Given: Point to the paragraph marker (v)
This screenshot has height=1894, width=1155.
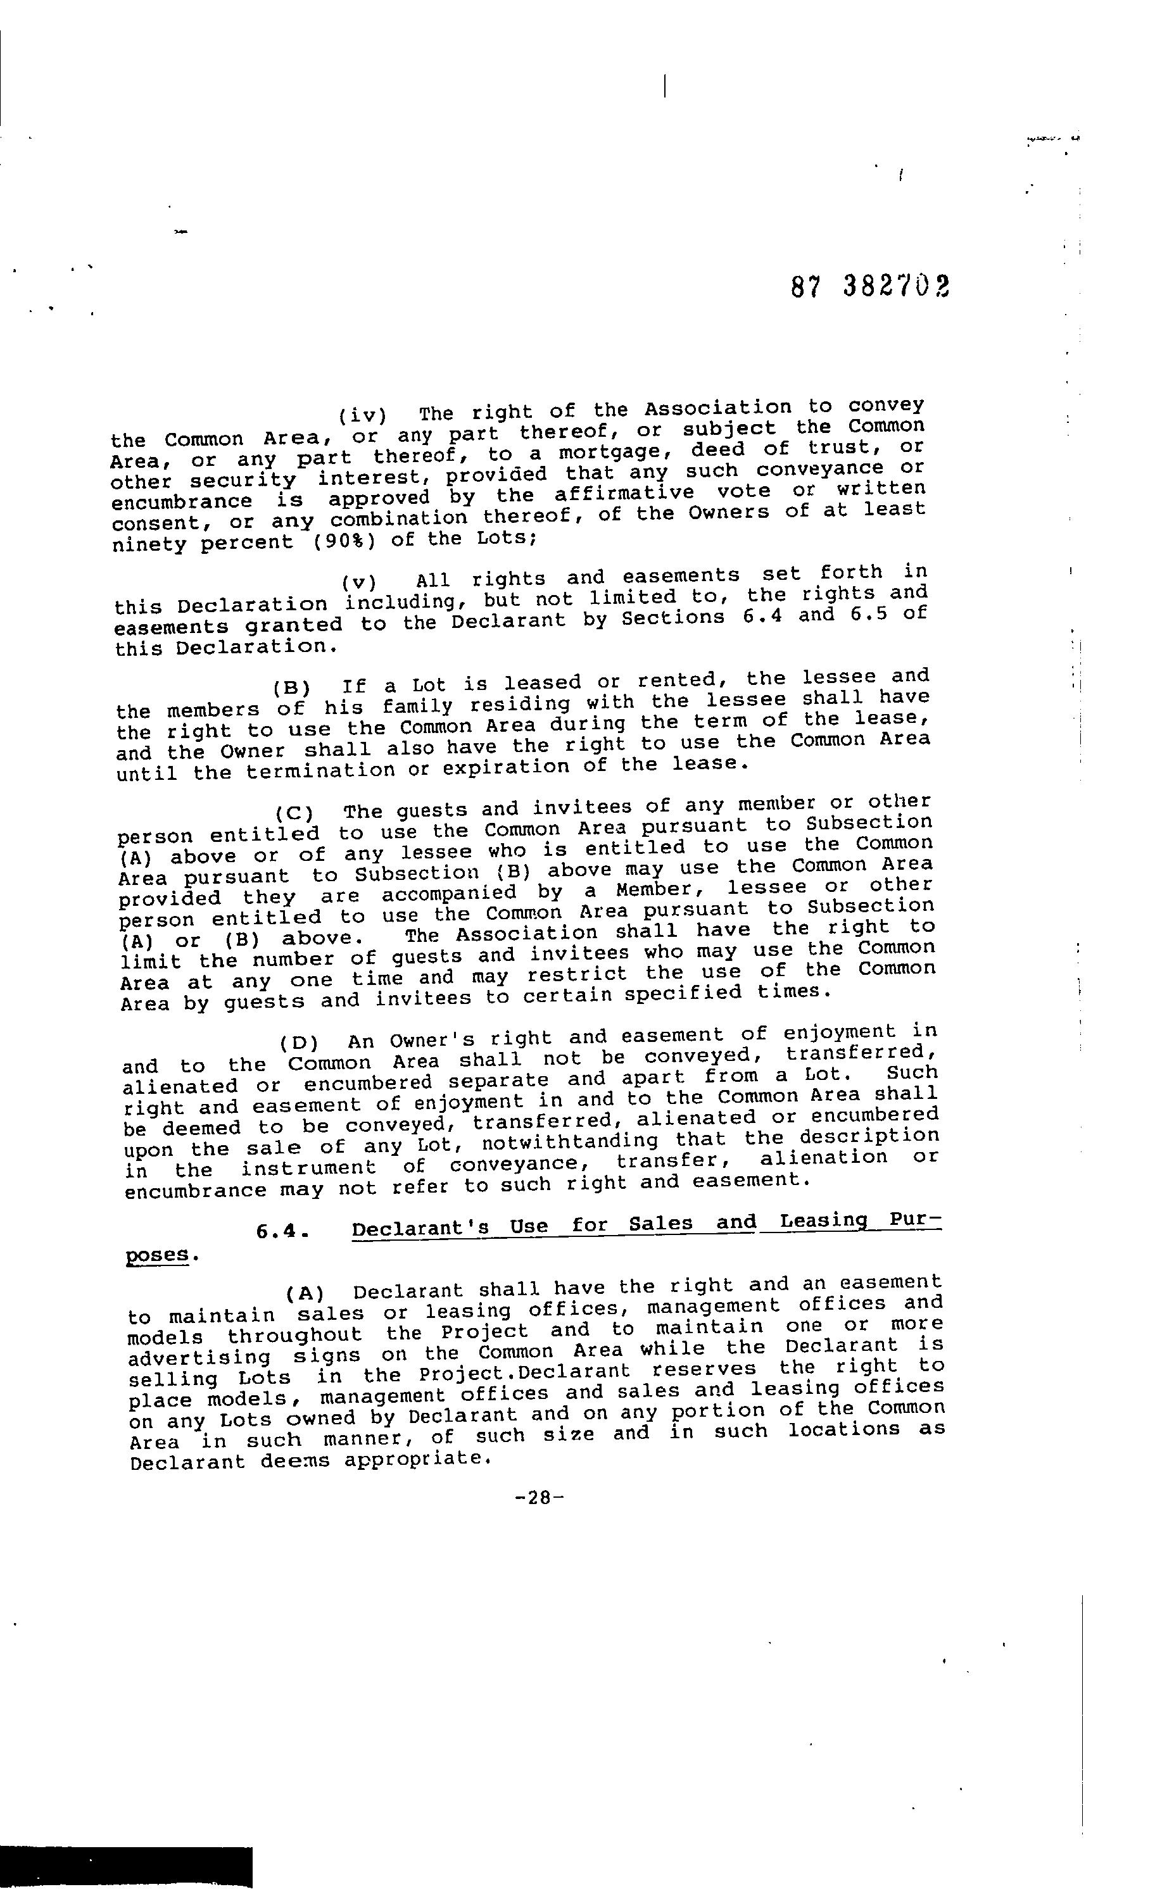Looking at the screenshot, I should click(359, 581).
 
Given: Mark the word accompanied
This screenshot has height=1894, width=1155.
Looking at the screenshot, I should click(449, 894).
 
